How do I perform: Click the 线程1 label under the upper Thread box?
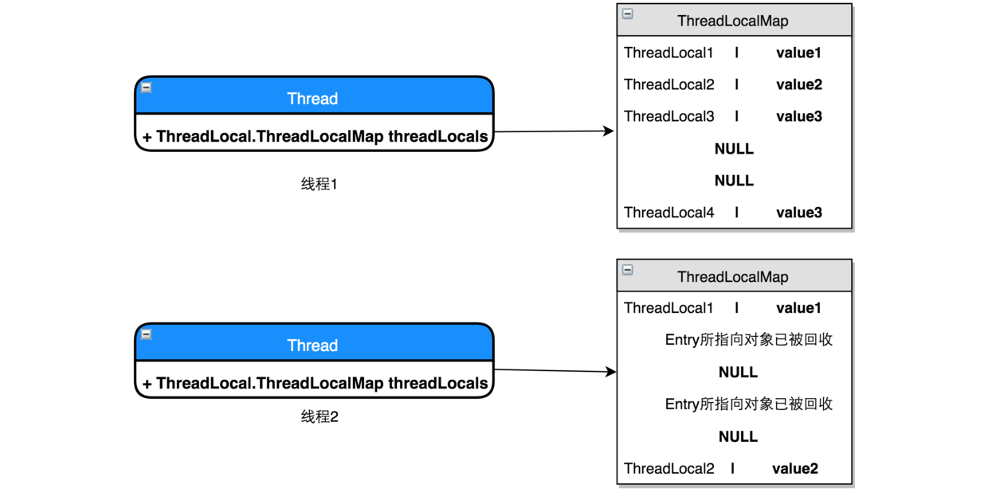point(319,185)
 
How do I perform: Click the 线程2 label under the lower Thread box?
point(319,416)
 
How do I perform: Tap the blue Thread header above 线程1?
point(313,99)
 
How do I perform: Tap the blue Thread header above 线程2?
point(313,346)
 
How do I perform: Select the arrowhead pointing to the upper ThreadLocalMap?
point(610,131)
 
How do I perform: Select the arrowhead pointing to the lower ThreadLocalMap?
point(611,372)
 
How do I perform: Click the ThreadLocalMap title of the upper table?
point(732,21)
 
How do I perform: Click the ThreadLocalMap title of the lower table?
point(732,277)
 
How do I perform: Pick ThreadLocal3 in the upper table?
point(668,116)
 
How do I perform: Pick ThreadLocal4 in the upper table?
point(668,213)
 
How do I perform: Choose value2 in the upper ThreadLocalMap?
point(798,84)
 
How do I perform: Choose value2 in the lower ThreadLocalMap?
point(794,469)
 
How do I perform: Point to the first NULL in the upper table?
point(734,149)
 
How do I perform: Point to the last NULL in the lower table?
point(738,436)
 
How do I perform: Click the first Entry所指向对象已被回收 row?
point(748,340)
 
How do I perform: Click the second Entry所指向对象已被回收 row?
point(748,404)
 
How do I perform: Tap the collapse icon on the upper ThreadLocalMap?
point(628,14)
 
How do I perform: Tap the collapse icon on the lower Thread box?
point(147,335)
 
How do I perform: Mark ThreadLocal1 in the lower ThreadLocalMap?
point(668,308)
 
